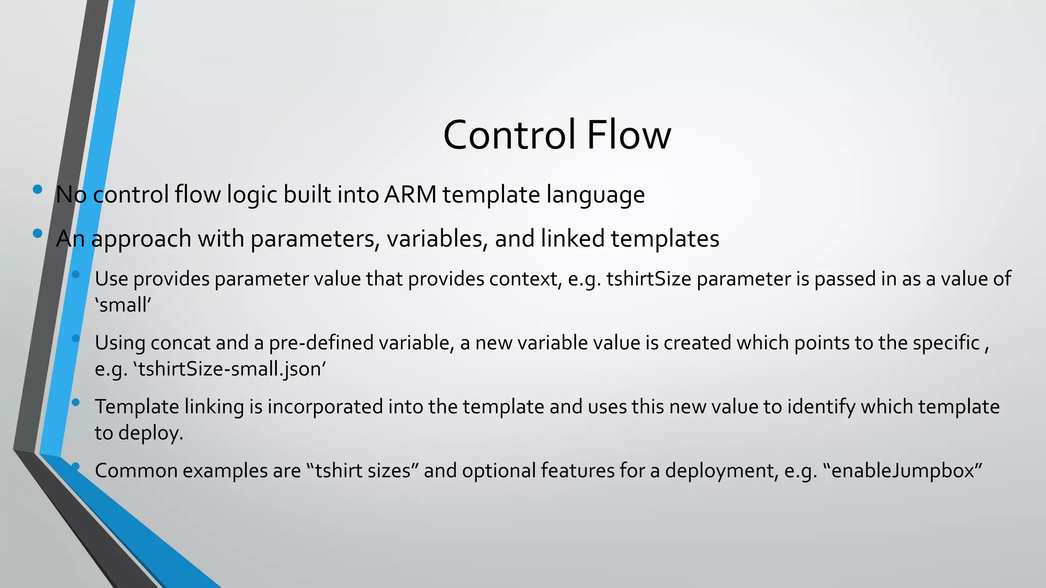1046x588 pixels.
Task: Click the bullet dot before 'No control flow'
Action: [37, 189]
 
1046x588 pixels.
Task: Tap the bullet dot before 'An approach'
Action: [37, 234]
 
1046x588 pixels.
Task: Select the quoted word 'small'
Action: [123, 305]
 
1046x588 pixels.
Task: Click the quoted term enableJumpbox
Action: [903, 471]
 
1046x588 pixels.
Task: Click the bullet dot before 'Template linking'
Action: [76, 402]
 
